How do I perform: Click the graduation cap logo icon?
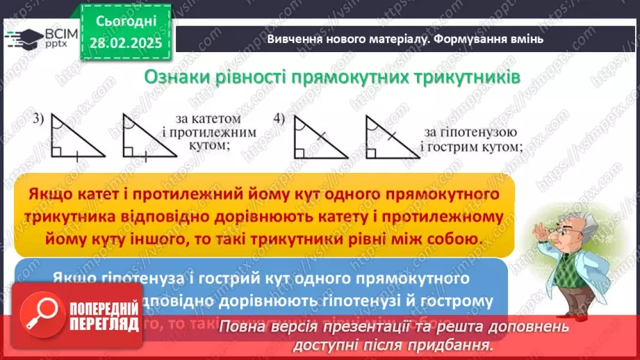click(x=24, y=38)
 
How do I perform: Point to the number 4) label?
click(x=279, y=118)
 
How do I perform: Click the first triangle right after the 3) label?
click(x=75, y=139)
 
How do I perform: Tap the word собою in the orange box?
click(x=454, y=237)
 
